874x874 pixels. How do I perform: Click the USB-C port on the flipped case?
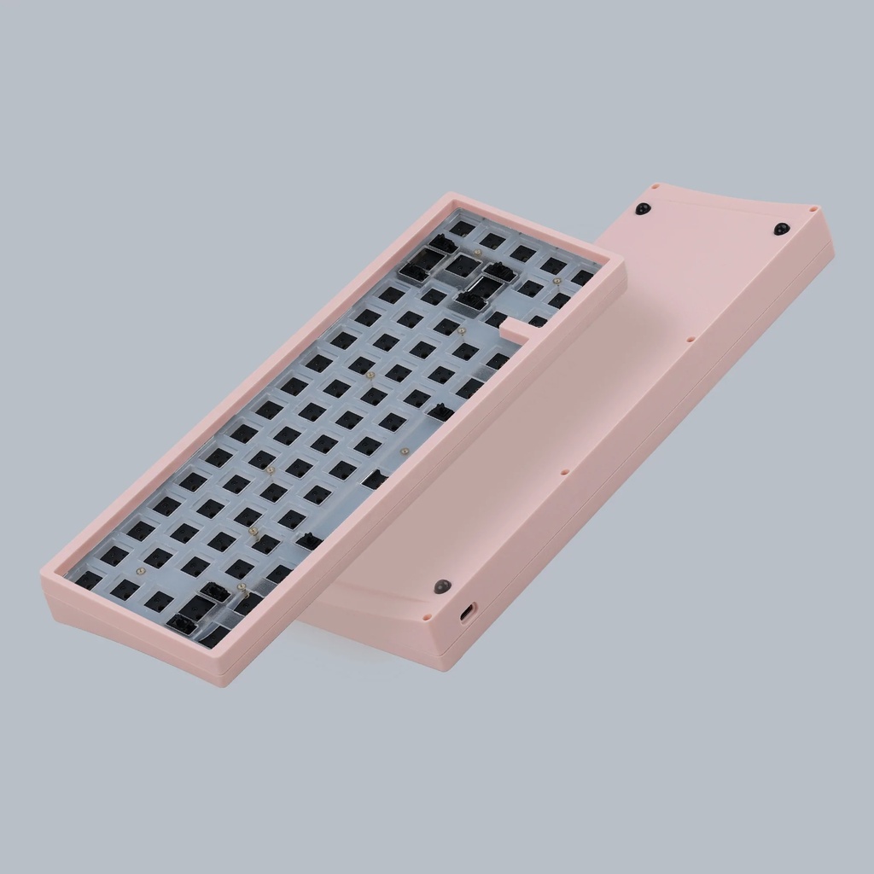pos(468,614)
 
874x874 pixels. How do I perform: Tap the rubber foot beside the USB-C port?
pos(441,586)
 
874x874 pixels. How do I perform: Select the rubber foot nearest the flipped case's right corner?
pos(781,229)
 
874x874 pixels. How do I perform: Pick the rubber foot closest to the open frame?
pos(643,209)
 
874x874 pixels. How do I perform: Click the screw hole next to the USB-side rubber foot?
pos(424,614)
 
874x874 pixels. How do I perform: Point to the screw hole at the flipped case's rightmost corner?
pos(813,208)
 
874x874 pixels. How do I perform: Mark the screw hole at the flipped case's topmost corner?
pos(655,187)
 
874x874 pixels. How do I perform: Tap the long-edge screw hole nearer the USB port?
pos(565,470)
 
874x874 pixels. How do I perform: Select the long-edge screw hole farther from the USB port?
pos(690,339)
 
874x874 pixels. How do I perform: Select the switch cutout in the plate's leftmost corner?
pos(87,580)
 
